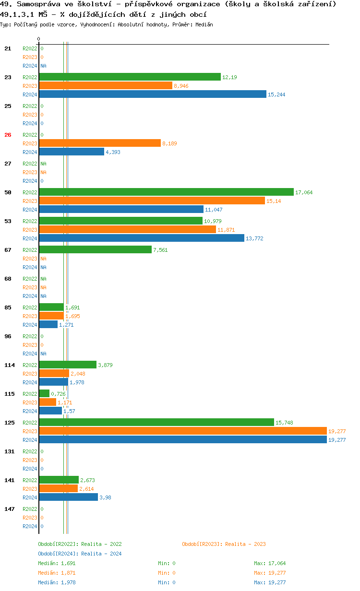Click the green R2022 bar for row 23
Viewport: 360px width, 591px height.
pos(130,77)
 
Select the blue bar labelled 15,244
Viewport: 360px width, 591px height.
pos(153,94)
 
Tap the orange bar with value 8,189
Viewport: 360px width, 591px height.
pos(100,143)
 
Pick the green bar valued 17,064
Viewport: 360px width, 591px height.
pos(166,192)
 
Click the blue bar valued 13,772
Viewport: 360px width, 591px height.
pos(142,238)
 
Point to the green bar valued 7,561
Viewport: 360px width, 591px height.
pos(95,249)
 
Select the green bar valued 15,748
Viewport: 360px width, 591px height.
pos(156,422)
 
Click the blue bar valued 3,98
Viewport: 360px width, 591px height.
pos(68,497)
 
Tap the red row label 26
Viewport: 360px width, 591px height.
pos(8,135)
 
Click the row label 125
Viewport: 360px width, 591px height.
pos(9,423)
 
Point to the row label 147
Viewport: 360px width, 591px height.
pos(9,509)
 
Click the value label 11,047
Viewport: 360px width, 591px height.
pos(214,210)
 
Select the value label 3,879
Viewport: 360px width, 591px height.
pos(105,365)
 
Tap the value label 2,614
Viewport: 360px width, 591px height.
pos(86,489)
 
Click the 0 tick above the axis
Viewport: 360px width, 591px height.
pos(39,39)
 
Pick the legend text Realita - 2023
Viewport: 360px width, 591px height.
pos(245,544)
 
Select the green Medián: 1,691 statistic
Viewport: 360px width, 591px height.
pos(56,563)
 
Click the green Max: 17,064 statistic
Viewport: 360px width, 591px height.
pos(270,563)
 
